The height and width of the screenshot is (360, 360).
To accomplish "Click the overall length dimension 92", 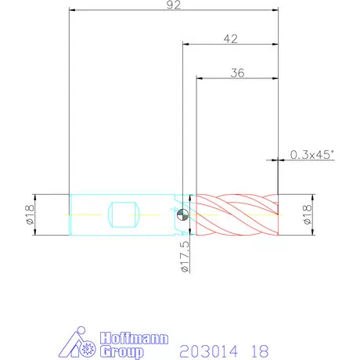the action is click(x=174, y=5).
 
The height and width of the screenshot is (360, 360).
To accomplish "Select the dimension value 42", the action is click(x=231, y=39).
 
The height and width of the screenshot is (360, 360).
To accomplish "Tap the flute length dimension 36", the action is click(x=237, y=73).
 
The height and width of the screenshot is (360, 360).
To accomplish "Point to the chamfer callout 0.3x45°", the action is click(x=312, y=154).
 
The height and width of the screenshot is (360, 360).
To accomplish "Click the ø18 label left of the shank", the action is click(x=31, y=214).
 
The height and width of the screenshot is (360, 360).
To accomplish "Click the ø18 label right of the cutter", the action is click(x=308, y=214).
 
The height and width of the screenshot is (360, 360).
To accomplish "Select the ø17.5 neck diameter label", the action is click(x=185, y=256).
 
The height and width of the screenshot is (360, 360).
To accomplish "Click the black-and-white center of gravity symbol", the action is click(x=182, y=215).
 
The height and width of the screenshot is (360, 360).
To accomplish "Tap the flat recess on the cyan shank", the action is click(x=124, y=214).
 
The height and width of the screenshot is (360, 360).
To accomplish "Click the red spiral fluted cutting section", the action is click(x=237, y=214).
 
